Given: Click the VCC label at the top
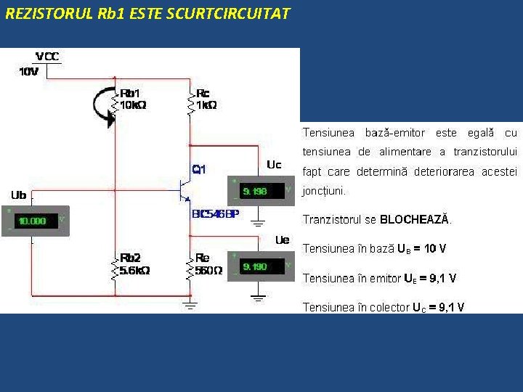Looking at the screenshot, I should [47, 57].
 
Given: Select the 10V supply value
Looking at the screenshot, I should [28, 71].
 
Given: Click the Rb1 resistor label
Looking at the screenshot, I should [131, 93].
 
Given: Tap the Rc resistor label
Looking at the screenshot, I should [203, 93].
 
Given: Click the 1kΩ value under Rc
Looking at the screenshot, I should [206, 105].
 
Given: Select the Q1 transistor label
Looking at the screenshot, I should [198, 169].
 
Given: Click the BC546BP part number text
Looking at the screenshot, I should [215, 214].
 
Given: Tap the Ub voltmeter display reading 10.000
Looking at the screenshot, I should [33, 221].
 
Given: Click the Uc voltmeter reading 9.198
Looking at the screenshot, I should [256, 192].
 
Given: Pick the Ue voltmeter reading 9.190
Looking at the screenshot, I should [256, 266].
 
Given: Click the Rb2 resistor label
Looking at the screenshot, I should [131, 258].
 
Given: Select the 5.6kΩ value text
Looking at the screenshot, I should [134, 270].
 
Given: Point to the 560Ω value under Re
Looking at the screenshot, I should [208, 270].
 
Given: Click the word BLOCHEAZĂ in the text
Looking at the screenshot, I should [414, 219].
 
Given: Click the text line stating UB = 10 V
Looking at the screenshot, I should [374, 249].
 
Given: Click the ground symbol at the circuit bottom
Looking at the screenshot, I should [190, 306].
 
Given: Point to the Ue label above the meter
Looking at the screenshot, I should [282, 240].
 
